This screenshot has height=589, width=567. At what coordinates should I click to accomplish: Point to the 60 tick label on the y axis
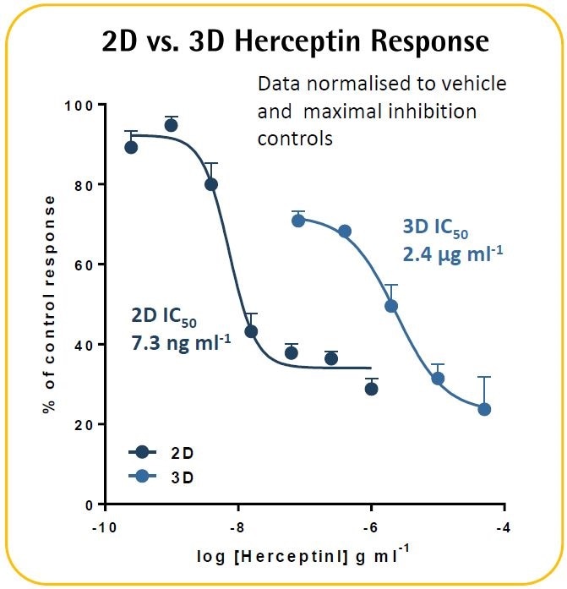click(x=85, y=265)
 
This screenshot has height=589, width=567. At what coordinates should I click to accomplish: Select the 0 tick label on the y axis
click(x=90, y=504)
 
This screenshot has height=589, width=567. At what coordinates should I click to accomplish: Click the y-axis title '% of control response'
click(x=50, y=304)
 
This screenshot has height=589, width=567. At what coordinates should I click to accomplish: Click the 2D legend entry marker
click(x=142, y=452)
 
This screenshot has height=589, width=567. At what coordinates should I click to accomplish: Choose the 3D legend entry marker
click(x=142, y=477)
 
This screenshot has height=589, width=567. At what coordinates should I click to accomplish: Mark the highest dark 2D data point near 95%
click(x=171, y=125)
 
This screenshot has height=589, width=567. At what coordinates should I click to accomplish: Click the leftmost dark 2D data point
click(x=131, y=147)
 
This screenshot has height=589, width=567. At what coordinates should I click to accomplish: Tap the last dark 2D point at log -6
click(x=371, y=389)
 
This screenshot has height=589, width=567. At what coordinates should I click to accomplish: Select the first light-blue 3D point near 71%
click(x=298, y=221)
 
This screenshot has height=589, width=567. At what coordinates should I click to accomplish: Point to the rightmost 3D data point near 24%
click(x=484, y=409)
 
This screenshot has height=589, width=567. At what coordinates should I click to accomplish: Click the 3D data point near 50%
click(x=391, y=306)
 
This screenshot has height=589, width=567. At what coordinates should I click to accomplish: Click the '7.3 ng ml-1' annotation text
click(x=180, y=345)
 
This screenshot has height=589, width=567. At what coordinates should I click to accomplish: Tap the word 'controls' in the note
click(x=295, y=138)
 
